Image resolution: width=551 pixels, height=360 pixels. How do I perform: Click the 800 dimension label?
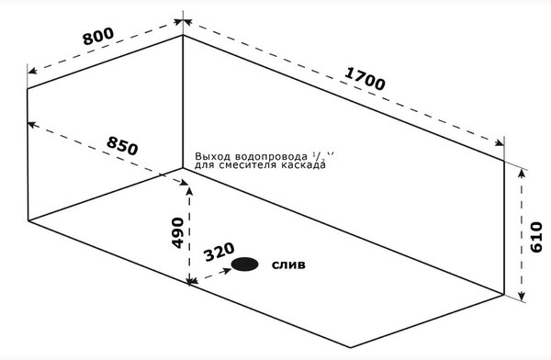click(x=98, y=36)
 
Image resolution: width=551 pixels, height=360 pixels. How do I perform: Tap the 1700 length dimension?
click(x=365, y=78)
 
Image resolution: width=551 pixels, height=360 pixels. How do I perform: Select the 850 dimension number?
click(x=122, y=146)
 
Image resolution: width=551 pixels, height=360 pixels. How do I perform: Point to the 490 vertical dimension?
click(x=177, y=232)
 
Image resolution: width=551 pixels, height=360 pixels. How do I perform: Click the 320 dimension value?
click(x=219, y=252)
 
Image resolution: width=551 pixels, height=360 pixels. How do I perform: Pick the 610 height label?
click(x=536, y=237)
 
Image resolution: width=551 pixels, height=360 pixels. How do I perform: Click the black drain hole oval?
click(x=245, y=264)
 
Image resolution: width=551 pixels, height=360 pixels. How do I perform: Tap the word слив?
click(x=288, y=264)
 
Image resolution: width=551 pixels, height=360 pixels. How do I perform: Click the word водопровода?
click(x=271, y=156)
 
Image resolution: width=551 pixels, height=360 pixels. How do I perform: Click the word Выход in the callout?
click(x=213, y=156)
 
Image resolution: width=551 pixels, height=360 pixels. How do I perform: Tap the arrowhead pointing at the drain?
click(x=227, y=270)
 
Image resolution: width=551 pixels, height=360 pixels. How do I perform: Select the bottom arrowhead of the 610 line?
click(x=522, y=295)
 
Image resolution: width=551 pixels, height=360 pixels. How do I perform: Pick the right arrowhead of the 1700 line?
click(x=499, y=142)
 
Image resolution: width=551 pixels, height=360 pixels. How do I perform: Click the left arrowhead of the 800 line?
click(x=32, y=71)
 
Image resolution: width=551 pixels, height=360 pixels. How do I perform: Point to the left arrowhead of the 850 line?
click(x=32, y=125)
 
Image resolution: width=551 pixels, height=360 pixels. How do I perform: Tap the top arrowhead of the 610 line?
click(x=522, y=174)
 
